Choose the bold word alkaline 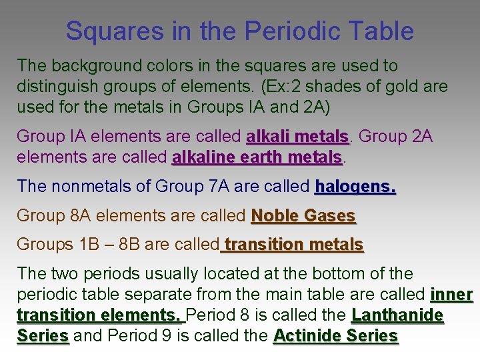click(x=201, y=157)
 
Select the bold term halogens click(x=355, y=186)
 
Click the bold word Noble click(x=275, y=215)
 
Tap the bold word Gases click(x=329, y=215)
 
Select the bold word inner click(x=452, y=294)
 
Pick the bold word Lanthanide click(x=397, y=315)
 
